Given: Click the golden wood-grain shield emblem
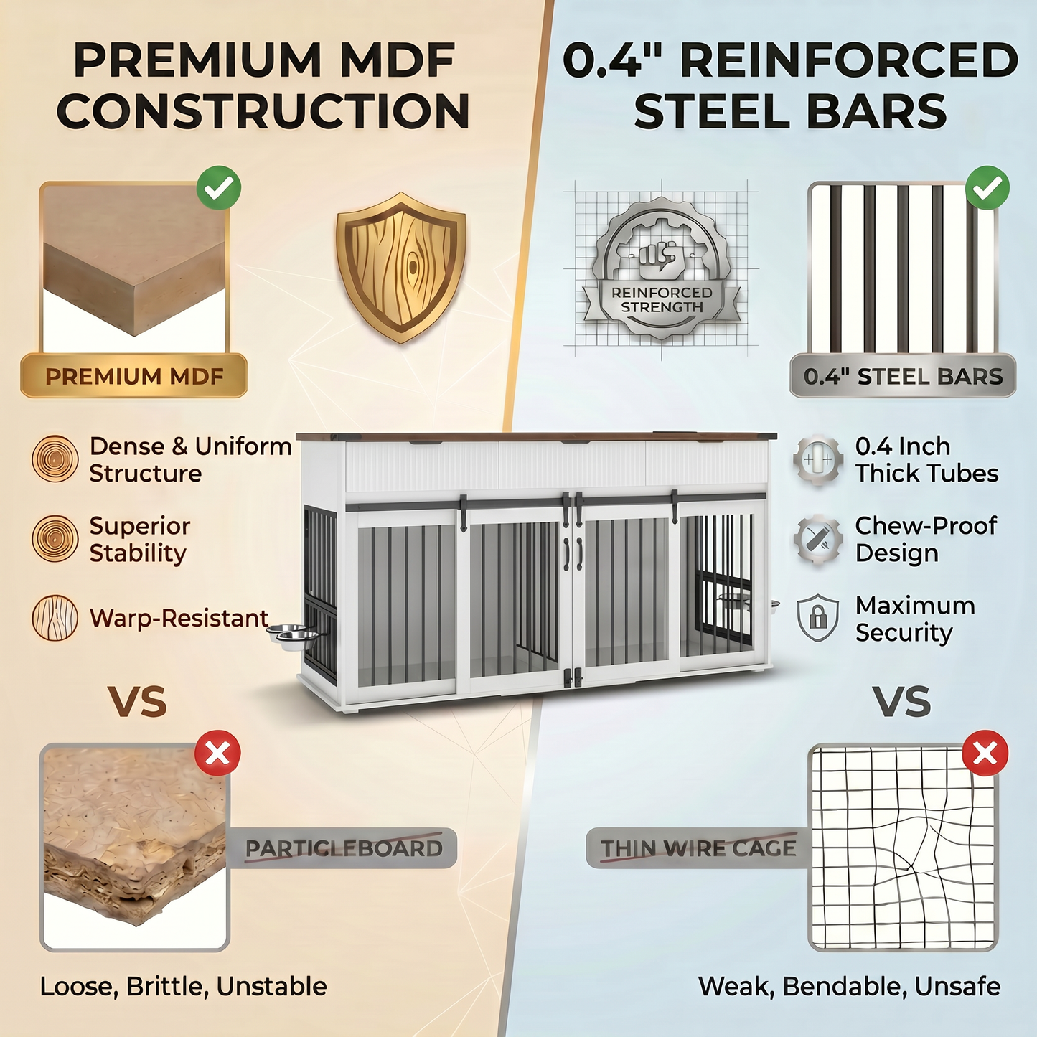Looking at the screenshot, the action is tap(401, 268).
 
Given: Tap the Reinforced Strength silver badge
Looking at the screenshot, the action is tap(662, 268).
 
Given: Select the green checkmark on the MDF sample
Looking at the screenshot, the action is tap(218, 188).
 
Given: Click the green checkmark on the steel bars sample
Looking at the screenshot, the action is tap(987, 188).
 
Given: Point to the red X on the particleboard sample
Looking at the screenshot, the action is tap(218, 753).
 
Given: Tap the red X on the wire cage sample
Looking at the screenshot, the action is tap(985, 753).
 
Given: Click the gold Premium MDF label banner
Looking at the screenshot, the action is tap(134, 375).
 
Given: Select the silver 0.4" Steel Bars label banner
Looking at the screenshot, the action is tap(903, 375).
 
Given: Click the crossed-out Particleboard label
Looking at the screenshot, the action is tap(343, 848).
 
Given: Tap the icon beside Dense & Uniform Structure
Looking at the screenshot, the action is tap(55, 459).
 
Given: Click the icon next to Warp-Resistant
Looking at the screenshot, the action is tap(55, 618).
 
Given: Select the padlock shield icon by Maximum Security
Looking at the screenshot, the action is tap(817, 618).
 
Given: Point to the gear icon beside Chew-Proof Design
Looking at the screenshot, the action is tap(817, 539).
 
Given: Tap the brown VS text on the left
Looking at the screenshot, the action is tap(139, 702).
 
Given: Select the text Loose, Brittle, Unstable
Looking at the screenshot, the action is tap(184, 987).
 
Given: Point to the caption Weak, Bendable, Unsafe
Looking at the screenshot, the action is tap(849, 987).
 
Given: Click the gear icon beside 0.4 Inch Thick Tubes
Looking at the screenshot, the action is tap(817, 459).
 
